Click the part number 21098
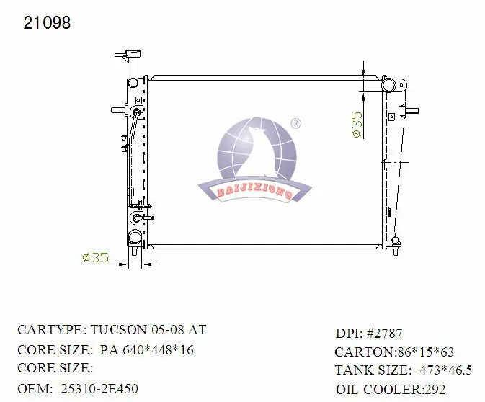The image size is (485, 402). click(47, 22)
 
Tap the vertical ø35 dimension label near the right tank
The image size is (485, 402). click(357, 125)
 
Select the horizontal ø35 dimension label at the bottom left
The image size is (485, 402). click(96, 257)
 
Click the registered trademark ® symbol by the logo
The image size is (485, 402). click(296, 124)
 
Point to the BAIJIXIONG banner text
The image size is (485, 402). click(254, 193)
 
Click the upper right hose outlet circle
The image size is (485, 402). click(388, 85)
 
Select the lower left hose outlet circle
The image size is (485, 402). click(135, 237)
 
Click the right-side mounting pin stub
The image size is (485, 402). click(411, 111)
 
